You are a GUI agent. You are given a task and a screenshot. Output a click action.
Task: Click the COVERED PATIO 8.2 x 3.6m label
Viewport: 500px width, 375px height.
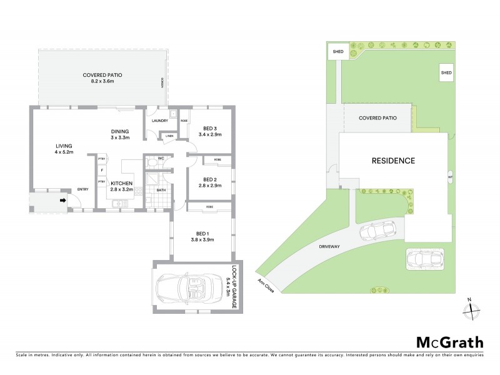tap(102, 77)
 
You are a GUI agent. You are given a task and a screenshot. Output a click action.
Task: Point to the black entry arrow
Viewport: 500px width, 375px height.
tap(62, 201)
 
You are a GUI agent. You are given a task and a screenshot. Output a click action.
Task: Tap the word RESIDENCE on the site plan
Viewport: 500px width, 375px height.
tap(393, 161)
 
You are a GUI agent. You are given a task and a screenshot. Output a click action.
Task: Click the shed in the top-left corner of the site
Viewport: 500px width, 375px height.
tap(338, 51)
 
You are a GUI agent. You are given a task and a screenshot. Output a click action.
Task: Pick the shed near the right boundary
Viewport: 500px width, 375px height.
tap(446, 72)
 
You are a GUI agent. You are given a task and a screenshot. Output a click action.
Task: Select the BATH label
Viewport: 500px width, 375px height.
tap(161, 189)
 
